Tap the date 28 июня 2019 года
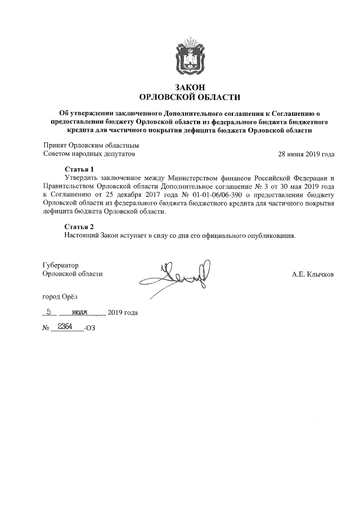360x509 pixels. pos(307,154)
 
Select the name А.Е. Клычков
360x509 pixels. pos(313,274)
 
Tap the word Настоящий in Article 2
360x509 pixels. pos(82,236)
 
